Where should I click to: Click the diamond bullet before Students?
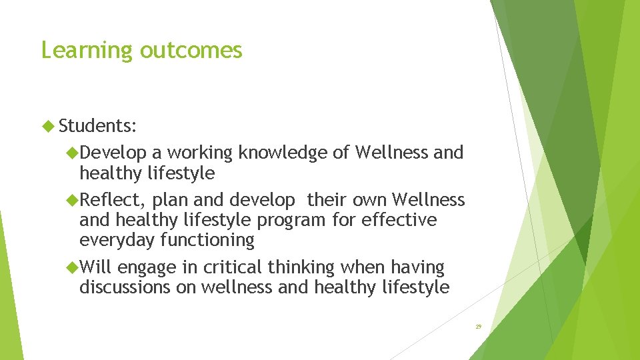coord(48,125)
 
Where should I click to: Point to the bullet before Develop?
coord(72,153)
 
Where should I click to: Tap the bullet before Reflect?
coord(72,199)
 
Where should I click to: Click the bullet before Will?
coord(72,267)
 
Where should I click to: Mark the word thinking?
coord(300,267)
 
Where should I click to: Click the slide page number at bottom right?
coord(478,327)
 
